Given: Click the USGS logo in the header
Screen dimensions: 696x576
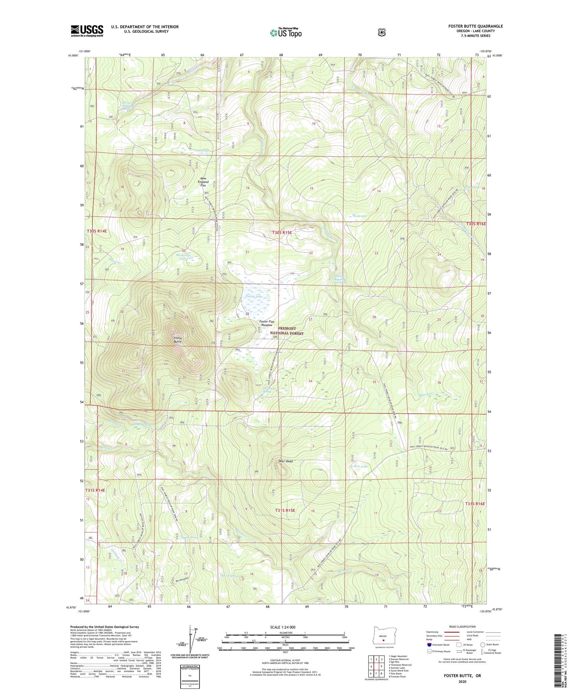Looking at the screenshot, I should [87, 31].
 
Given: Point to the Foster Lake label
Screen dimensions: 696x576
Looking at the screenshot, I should [254, 296].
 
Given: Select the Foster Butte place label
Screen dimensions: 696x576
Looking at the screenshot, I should [177, 339].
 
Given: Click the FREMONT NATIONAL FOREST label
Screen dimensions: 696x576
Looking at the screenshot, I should [287, 331].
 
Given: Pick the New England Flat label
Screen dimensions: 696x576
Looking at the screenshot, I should [204, 182].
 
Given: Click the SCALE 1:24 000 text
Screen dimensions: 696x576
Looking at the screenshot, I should [285, 627].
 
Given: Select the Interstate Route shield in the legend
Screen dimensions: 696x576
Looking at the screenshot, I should [429, 645].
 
